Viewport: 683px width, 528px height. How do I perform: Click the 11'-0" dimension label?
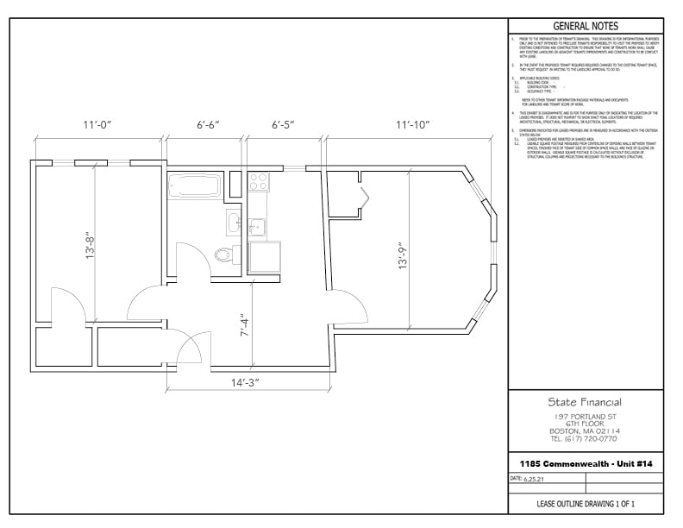(x=97, y=126)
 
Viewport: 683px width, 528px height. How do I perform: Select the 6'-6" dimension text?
(x=208, y=126)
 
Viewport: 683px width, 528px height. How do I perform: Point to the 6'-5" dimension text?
(x=283, y=126)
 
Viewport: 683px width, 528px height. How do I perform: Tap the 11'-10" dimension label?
(x=413, y=126)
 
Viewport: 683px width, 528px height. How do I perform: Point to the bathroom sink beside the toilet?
(x=235, y=223)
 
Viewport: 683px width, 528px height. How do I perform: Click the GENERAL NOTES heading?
(x=585, y=27)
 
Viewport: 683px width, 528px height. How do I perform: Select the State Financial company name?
(x=585, y=402)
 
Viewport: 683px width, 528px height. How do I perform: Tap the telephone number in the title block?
(x=585, y=438)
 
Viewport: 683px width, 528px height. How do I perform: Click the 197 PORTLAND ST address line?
(x=585, y=416)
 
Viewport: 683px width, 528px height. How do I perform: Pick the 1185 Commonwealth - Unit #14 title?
(x=585, y=464)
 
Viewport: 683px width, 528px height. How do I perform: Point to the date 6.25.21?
(x=535, y=478)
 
